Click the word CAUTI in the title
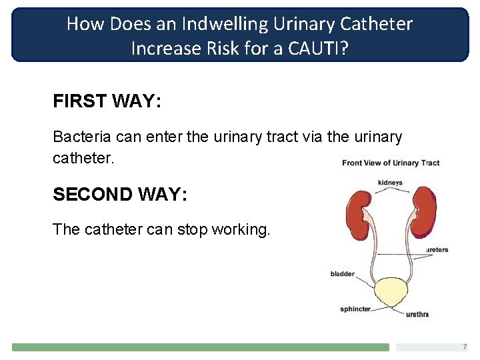click(x=319, y=48)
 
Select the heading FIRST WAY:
click(x=107, y=102)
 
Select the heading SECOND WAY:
click(x=120, y=194)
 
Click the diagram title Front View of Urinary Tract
click(x=391, y=163)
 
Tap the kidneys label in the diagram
click(x=390, y=183)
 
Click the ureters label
click(x=437, y=250)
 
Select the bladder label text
click(x=342, y=274)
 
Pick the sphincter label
click(x=355, y=309)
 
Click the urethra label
click(x=417, y=314)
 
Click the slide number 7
click(x=465, y=347)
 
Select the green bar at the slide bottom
click(x=200, y=347)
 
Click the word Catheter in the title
click(x=377, y=24)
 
